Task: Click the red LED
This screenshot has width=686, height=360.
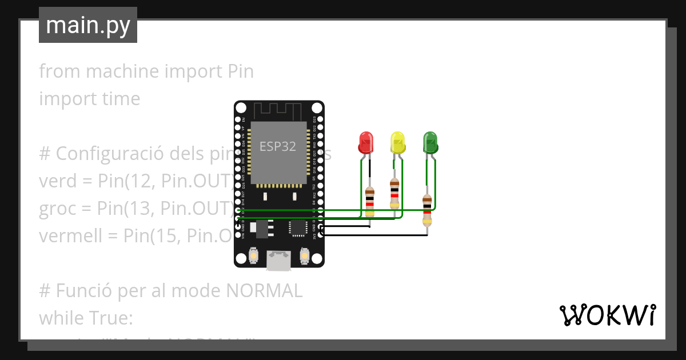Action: [x=365, y=142]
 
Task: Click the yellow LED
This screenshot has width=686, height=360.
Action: [x=397, y=142]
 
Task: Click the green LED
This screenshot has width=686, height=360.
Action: [x=430, y=142]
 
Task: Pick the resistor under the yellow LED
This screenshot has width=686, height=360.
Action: [x=394, y=194]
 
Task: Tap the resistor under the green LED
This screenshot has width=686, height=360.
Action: [x=427, y=210]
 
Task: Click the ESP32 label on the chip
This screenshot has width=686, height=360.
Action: [x=278, y=146]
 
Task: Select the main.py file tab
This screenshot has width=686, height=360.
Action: [x=88, y=25]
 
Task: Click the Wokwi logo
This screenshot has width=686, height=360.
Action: [x=607, y=315]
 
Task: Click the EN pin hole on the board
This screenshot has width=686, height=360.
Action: [x=238, y=119]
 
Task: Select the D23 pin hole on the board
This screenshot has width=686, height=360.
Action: [x=320, y=119]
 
